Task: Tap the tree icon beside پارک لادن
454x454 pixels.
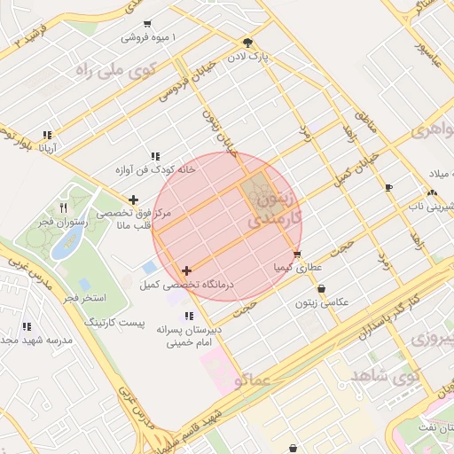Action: click(247, 42)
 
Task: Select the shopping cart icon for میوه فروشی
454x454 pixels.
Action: click(146, 24)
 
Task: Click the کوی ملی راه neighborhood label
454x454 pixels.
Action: click(116, 67)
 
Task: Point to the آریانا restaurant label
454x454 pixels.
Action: click(48, 148)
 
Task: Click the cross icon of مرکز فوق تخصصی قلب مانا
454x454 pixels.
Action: click(133, 200)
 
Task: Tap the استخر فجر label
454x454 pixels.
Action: click(86, 296)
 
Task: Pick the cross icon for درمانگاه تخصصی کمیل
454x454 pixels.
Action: click(186, 270)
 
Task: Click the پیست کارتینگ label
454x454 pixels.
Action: click(113, 319)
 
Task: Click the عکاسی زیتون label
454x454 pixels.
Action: click(320, 301)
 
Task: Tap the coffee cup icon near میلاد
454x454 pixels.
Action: click(388, 187)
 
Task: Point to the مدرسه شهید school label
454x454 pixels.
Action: click(27, 341)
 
